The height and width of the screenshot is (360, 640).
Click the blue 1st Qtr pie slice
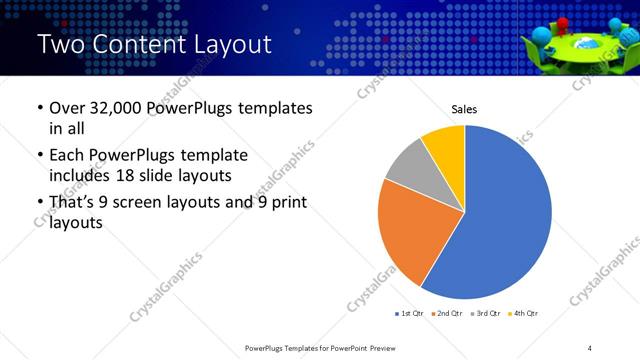coord(510,220)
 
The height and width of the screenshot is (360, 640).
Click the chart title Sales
coord(464,108)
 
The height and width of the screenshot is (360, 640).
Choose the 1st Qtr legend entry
coord(410,313)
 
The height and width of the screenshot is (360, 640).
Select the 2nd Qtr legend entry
coord(447,313)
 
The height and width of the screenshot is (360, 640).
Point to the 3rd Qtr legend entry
coord(484,313)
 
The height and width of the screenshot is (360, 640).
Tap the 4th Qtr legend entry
coord(522,313)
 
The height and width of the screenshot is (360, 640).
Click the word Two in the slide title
coord(62,45)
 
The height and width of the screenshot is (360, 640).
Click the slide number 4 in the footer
coord(590,347)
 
